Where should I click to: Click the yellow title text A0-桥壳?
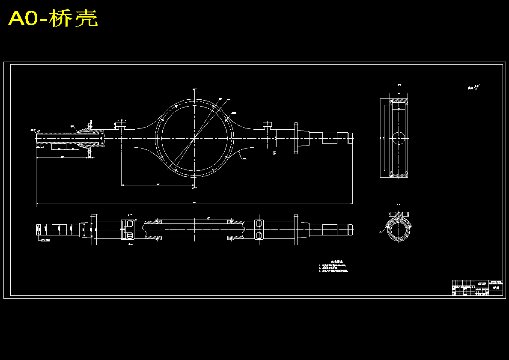click(x=53, y=19)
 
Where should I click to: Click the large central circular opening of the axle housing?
click(x=194, y=138)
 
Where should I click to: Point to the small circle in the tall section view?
click(x=399, y=138)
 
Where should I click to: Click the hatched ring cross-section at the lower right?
click(x=399, y=231)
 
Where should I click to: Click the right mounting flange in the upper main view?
click(x=295, y=138)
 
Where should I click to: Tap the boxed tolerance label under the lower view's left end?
click(x=45, y=240)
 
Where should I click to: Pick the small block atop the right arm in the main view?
click(x=268, y=125)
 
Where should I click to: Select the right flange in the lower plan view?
click(x=295, y=229)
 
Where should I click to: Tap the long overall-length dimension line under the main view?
click(x=194, y=203)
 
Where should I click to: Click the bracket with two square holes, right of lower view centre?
click(x=259, y=229)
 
